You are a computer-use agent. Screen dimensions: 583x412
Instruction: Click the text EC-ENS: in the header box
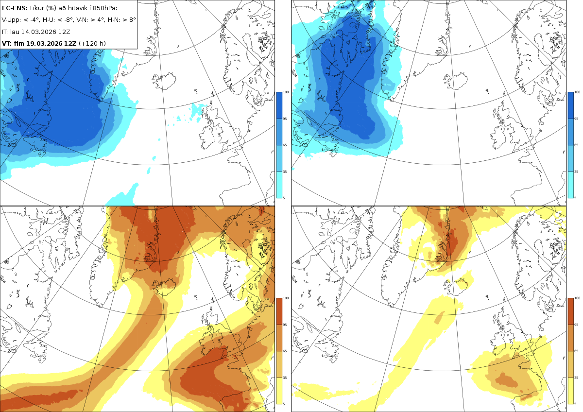(x=15, y=8)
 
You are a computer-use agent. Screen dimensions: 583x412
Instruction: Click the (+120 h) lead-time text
(x=92, y=43)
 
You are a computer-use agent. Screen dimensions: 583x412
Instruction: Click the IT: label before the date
(x=5, y=32)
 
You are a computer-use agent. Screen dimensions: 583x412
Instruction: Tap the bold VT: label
(x=7, y=43)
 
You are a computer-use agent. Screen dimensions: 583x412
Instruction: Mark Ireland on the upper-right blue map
(x=498, y=135)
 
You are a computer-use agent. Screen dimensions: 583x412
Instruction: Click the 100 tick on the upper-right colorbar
(x=577, y=92)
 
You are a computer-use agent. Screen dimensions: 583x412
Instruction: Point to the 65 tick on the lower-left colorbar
(x=285, y=351)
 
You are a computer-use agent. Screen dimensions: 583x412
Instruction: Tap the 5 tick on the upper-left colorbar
(x=284, y=198)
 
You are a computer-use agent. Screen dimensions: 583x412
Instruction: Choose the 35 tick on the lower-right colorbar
(x=576, y=378)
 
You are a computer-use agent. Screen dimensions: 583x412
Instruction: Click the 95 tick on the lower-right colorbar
(x=576, y=325)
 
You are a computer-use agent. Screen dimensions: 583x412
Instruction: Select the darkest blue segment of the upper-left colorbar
(x=279, y=105)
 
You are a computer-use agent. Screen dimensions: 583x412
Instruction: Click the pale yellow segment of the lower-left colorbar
(x=279, y=391)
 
